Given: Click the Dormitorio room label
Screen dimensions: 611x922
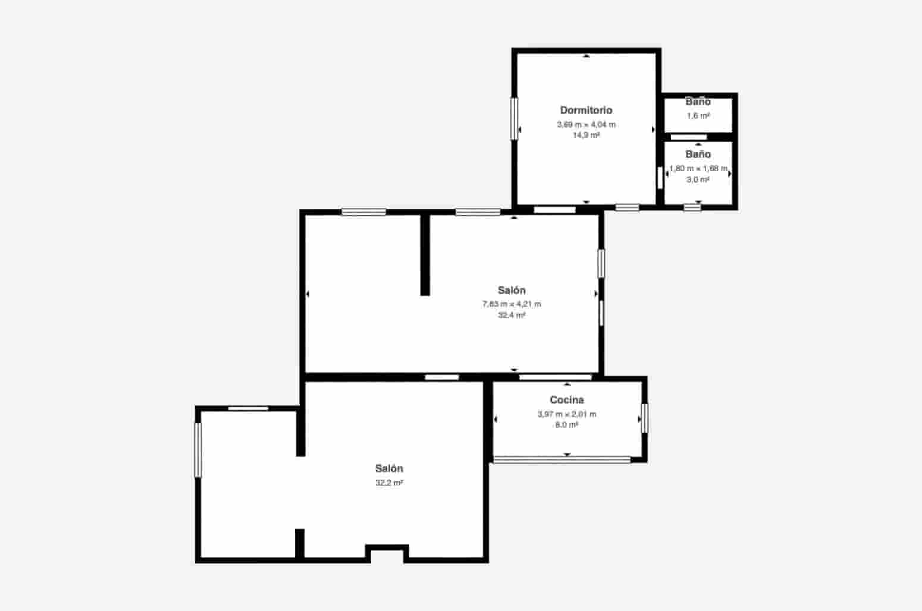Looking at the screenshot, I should click(586, 110).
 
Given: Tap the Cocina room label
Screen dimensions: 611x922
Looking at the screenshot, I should click(566, 400).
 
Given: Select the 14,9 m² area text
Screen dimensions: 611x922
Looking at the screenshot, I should click(586, 135).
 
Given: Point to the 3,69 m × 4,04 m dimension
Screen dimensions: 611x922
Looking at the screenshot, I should click(586, 124).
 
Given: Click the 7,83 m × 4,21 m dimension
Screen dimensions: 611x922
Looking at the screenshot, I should click(512, 304).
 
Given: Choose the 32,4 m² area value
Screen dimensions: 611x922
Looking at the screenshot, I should click(512, 315).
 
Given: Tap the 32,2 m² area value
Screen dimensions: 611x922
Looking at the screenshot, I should click(389, 483).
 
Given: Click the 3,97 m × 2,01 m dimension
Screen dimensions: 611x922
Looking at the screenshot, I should click(566, 414).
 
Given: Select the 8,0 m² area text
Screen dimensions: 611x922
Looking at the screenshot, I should click(566, 424).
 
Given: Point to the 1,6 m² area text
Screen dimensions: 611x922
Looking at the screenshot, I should click(698, 116).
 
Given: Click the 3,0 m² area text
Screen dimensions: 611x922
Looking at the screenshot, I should click(698, 179).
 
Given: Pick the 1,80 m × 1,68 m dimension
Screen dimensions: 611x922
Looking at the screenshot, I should click(698, 168).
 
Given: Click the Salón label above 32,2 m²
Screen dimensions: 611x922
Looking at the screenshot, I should click(389, 468).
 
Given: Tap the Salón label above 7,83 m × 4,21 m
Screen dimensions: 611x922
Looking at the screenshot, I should click(512, 290).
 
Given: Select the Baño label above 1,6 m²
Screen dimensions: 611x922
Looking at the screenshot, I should click(698, 102).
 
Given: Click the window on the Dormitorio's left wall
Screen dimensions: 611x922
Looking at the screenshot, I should click(515, 118).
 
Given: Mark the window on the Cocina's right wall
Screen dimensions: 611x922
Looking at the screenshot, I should click(644, 418).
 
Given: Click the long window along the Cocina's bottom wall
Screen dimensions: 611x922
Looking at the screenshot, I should click(562, 459).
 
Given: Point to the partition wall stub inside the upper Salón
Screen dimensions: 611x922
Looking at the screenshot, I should click(425, 254).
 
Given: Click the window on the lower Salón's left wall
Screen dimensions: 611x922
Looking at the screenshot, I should click(198, 449).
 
